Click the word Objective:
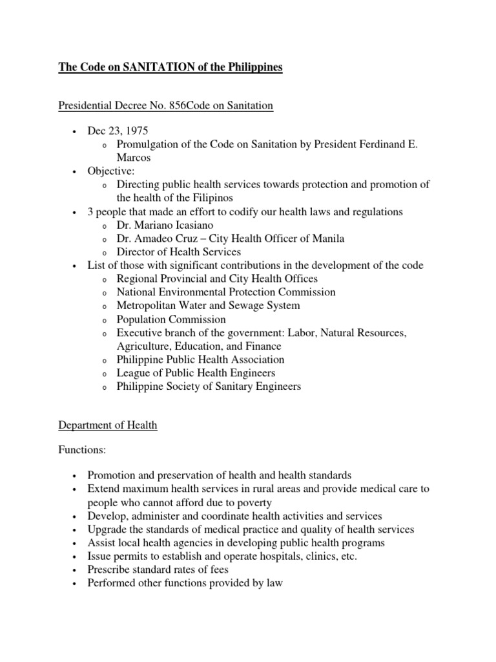coord(111,171)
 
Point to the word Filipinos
coord(211,198)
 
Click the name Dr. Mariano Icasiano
coord(166,225)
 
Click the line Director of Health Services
coord(179,251)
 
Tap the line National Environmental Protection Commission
coord(226,292)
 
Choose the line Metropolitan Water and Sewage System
coord(208,305)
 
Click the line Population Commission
coord(171,319)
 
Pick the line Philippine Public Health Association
coord(200,359)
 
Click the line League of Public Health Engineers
coord(196,373)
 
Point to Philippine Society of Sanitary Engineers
coord(209,387)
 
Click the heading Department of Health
coord(108,425)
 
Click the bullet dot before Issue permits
coord(76,557)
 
